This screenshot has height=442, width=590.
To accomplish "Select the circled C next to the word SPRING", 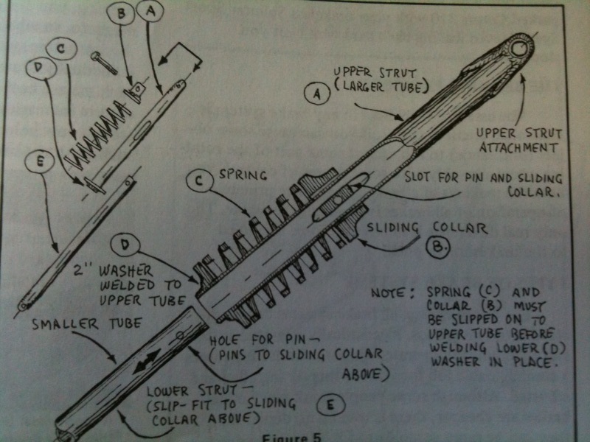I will click(x=196, y=181).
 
